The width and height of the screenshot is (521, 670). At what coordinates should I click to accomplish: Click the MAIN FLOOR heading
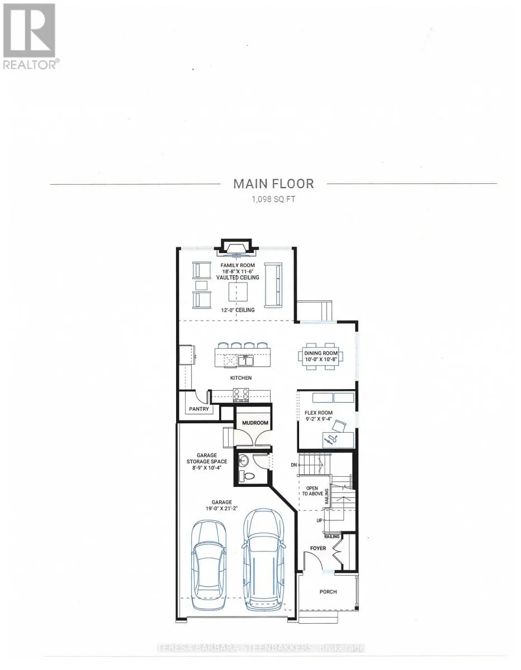click(273, 184)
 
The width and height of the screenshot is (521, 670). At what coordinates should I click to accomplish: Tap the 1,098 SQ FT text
click(273, 199)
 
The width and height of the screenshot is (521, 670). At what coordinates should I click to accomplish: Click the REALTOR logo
click(30, 36)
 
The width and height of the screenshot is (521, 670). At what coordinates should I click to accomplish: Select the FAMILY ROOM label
click(238, 265)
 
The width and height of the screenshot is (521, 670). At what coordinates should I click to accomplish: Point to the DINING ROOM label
click(321, 353)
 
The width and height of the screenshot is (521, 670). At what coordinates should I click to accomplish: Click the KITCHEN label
click(241, 377)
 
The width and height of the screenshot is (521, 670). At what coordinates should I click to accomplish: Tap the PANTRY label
click(199, 409)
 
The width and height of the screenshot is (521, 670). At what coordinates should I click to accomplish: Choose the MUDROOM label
click(255, 423)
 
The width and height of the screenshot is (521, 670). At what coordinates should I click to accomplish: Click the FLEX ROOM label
click(319, 413)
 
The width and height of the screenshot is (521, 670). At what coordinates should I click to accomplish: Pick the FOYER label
click(318, 548)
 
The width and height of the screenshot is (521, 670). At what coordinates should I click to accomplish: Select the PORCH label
click(328, 592)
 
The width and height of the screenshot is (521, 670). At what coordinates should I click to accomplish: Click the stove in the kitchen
click(241, 395)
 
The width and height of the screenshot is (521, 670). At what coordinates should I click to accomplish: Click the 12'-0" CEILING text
click(238, 310)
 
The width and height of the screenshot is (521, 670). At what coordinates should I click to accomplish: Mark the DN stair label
click(293, 465)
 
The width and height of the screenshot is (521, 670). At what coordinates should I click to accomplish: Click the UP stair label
click(319, 520)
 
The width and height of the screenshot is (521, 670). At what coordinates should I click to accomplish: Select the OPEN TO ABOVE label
click(312, 491)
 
